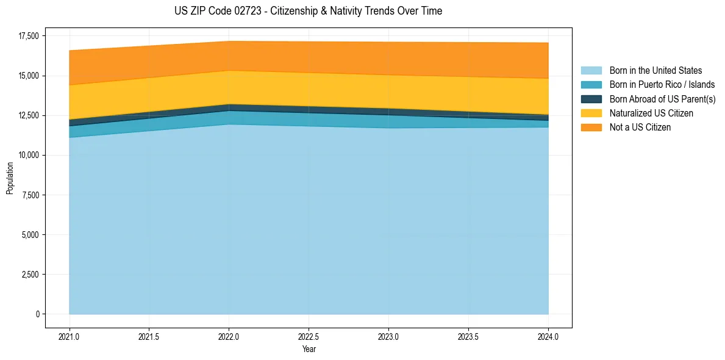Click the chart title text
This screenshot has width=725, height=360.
point(308,11)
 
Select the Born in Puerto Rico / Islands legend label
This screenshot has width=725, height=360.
point(662,85)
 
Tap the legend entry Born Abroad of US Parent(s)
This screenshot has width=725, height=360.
point(662,99)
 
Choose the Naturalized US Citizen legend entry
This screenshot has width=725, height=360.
point(651,113)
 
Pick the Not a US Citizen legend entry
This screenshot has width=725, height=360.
point(640,128)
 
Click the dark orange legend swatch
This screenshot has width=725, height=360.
point(591,128)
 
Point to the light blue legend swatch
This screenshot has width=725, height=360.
point(591,71)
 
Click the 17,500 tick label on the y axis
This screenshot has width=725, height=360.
point(28,36)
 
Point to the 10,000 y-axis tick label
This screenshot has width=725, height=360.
point(28,155)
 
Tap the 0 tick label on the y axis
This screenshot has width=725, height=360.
point(37,314)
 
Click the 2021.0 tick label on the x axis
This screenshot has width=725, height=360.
point(70,336)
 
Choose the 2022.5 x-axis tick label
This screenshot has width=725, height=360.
point(309,336)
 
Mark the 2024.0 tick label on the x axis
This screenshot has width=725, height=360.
point(548,336)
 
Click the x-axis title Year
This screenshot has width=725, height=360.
point(309,349)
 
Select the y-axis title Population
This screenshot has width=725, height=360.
point(10,178)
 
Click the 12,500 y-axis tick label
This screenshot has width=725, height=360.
point(28,115)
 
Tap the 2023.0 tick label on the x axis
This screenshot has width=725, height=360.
point(388,336)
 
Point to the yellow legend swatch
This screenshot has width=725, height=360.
point(591,113)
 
